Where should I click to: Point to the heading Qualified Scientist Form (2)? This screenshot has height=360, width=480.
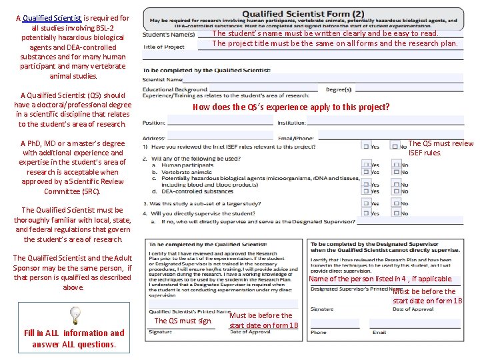[303, 13]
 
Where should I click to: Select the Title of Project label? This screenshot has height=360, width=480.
[164, 47]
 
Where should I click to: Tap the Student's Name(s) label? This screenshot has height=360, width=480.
[169, 35]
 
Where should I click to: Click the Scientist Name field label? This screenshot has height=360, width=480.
[162, 79]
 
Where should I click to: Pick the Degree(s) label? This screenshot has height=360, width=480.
[339, 89]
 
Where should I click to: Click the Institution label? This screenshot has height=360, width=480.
[291, 123]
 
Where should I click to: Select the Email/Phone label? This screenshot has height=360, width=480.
[295, 139]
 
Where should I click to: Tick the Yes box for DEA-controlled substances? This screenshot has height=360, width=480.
[367, 191]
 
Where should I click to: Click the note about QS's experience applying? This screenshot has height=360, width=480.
[291, 107]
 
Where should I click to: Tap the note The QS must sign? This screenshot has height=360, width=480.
[183, 321]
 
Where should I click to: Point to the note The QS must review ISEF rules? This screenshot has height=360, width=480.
[441, 148]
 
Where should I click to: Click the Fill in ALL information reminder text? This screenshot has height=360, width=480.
[74, 339]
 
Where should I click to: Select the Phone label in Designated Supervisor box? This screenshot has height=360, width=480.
[318, 332]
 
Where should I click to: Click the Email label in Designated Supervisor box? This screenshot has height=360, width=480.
[379, 332]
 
